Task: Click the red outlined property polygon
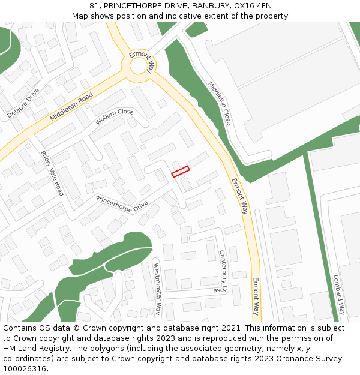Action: pyautogui.click(x=180, y=172)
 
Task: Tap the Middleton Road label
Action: pyautogui.click(x=71, y=107)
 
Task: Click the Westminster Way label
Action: pyautogui.click(x=157, y=289)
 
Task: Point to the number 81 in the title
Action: pyautogui.click(x=94, y=5)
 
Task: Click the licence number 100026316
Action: pyautogui.click(x=25, y=369)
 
